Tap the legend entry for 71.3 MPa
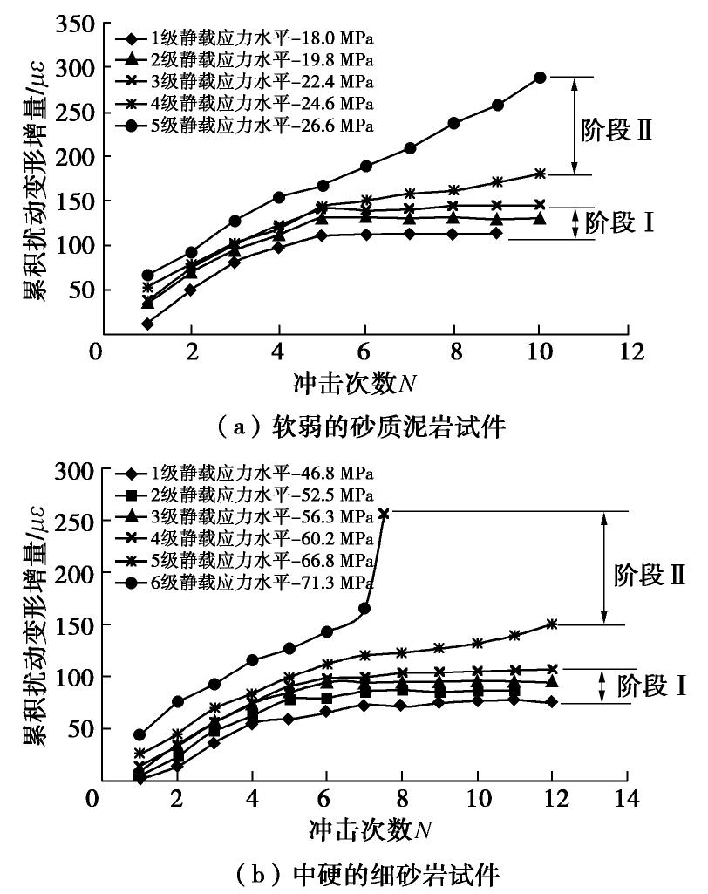click(245, 580)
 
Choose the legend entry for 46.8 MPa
click(245, 474)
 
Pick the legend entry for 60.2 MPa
click(245, 537)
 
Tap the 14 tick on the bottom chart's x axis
click(625, 799)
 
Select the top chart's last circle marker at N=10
click(540, 78)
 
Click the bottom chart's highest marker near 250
click(384, 514)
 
